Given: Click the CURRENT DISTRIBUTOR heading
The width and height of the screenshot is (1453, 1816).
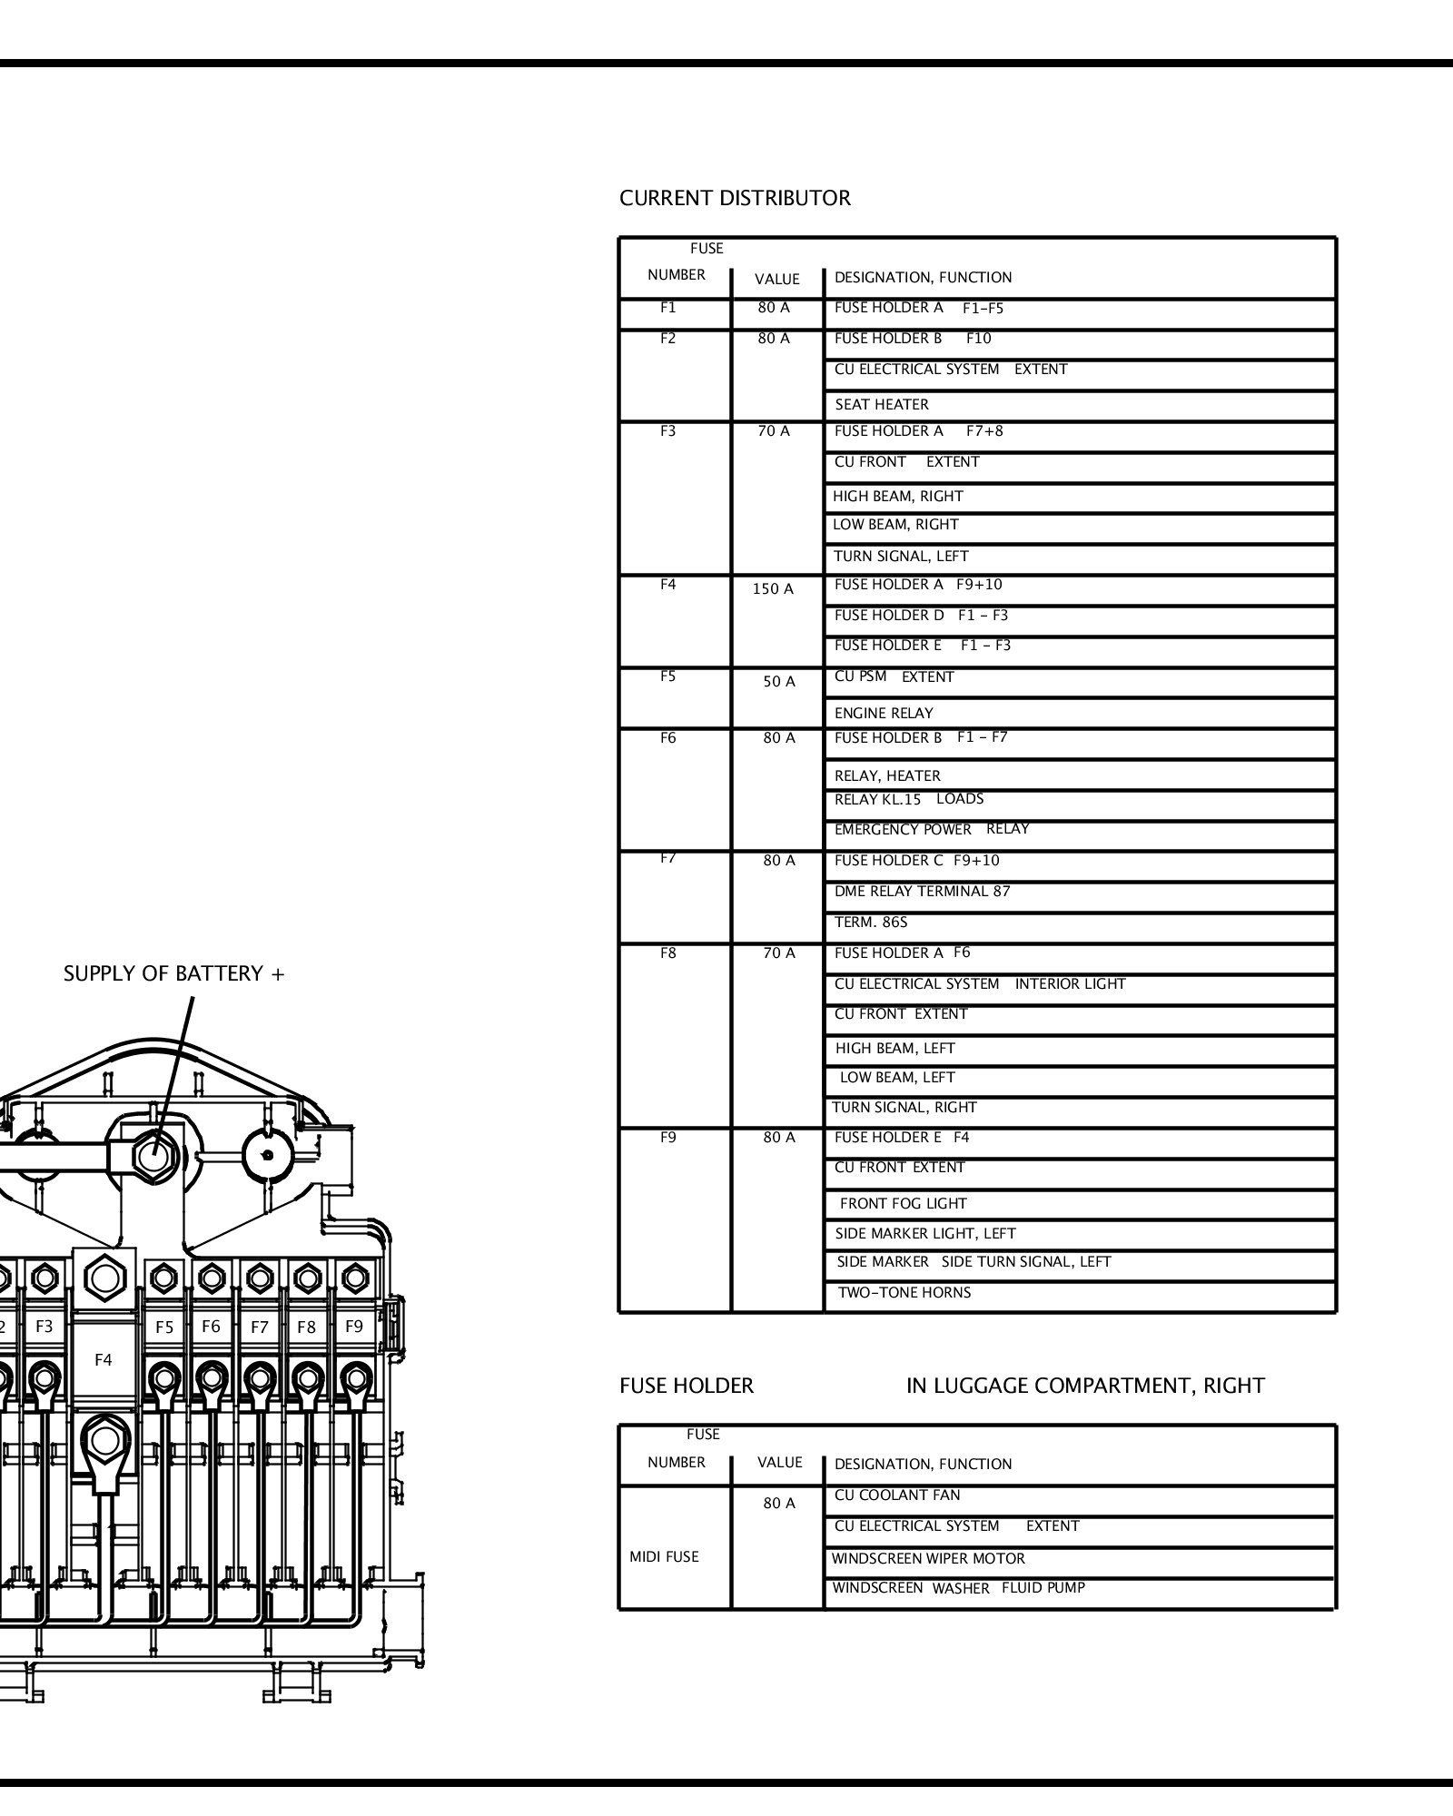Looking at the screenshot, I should (735, 198).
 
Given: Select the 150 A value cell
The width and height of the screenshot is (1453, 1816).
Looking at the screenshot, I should (773, 589).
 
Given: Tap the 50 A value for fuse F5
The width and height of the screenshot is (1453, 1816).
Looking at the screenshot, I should (778, 682).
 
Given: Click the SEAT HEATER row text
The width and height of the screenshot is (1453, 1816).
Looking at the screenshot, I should (881, 405).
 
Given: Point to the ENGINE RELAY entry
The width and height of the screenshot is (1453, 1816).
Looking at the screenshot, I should (884, 714).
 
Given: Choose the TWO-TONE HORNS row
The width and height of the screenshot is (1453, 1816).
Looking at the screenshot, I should (904, 1293).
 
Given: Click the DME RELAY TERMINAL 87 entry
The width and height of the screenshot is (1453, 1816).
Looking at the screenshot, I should (922, 892).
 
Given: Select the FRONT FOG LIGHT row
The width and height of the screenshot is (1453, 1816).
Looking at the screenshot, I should (903, 1204).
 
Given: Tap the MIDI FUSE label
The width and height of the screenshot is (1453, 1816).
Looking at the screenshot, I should (664, 1557).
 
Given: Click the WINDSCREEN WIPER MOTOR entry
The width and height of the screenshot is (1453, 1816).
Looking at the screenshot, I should (928, 1559).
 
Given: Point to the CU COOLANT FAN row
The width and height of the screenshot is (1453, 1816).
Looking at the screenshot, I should (896, 1495).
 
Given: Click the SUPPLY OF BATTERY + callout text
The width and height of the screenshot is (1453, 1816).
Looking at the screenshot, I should (173, 974).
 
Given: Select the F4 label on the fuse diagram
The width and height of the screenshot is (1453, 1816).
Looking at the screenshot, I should (104, 1360).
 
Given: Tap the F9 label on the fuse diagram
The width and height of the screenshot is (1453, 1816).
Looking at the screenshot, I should (354, 1327).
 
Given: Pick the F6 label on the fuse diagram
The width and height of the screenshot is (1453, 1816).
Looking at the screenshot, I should (211, 1327).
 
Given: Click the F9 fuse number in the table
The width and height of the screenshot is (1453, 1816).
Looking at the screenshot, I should (667, 1138).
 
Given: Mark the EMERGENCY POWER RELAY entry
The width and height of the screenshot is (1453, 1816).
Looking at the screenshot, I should (931, 830).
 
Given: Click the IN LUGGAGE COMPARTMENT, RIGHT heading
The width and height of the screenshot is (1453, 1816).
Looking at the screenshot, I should (1084, 1387).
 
